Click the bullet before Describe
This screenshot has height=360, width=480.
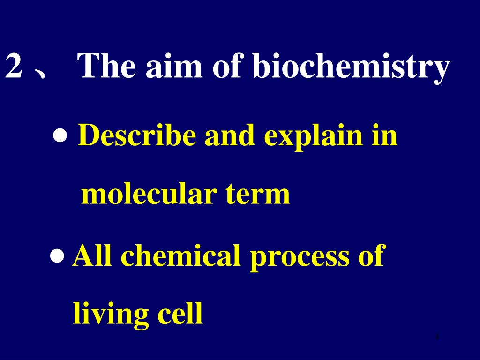60,137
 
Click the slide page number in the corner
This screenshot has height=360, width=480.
436,337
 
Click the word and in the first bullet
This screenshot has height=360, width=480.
230,136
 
